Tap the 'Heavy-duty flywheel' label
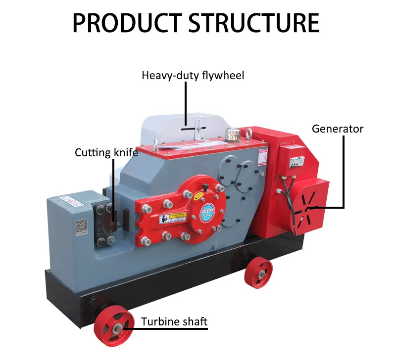tap(193, 76)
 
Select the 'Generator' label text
tap(337, 129)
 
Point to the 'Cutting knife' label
tap(106, 152)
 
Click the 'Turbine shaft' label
tap(174, 322)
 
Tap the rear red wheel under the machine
tap(258, 272)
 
